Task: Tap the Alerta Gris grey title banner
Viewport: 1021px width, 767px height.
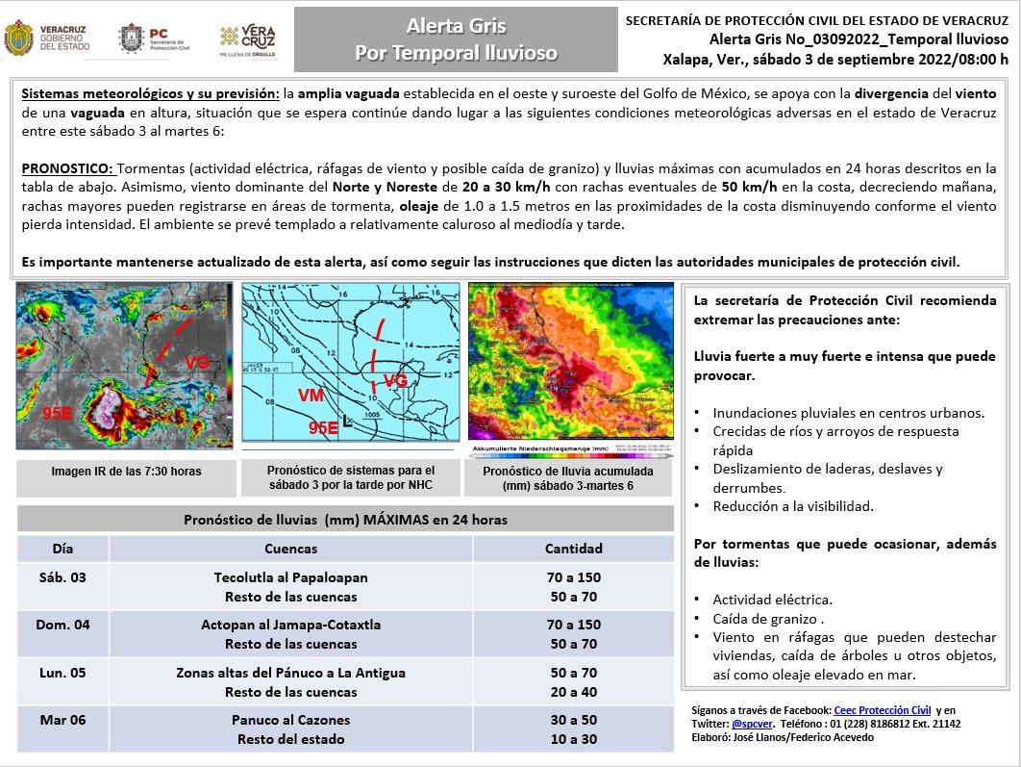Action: pos(456,39)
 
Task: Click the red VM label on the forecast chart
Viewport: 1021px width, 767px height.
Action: pos(311,396)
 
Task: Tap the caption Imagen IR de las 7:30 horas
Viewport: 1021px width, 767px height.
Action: pos(126,472)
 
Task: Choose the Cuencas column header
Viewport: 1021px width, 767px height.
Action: pos(290,549)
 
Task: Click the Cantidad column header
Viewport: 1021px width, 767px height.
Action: pos(573,549)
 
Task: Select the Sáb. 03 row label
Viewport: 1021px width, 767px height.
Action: pos(63,577)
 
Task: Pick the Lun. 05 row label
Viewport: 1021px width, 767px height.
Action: pos(63,673)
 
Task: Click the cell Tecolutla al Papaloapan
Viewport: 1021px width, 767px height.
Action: pos(290,577)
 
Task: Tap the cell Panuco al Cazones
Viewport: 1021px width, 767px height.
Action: pos(290,720)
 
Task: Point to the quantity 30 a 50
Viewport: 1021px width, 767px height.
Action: pos(573,720)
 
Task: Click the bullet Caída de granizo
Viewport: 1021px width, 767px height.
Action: pos(766,619)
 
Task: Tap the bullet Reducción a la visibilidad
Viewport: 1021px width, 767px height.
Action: pos(793,506)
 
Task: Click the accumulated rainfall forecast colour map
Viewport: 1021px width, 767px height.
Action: pos(569,362)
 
